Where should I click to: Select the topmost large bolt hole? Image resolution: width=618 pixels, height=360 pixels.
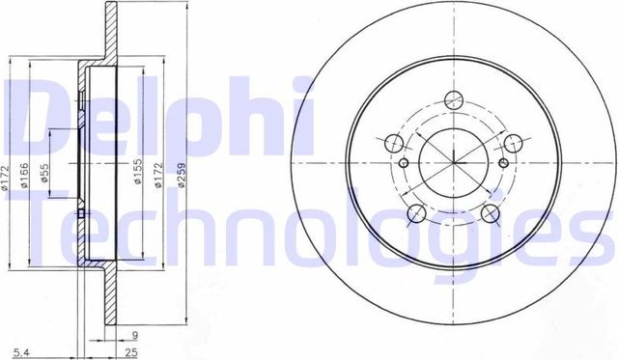(x=453, y=97)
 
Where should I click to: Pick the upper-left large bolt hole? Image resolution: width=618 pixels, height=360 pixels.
(x=393, y=143)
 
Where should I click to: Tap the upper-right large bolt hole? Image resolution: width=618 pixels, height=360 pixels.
(x=512, y=142)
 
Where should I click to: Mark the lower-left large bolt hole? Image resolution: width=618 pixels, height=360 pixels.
(x=416, y=212)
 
